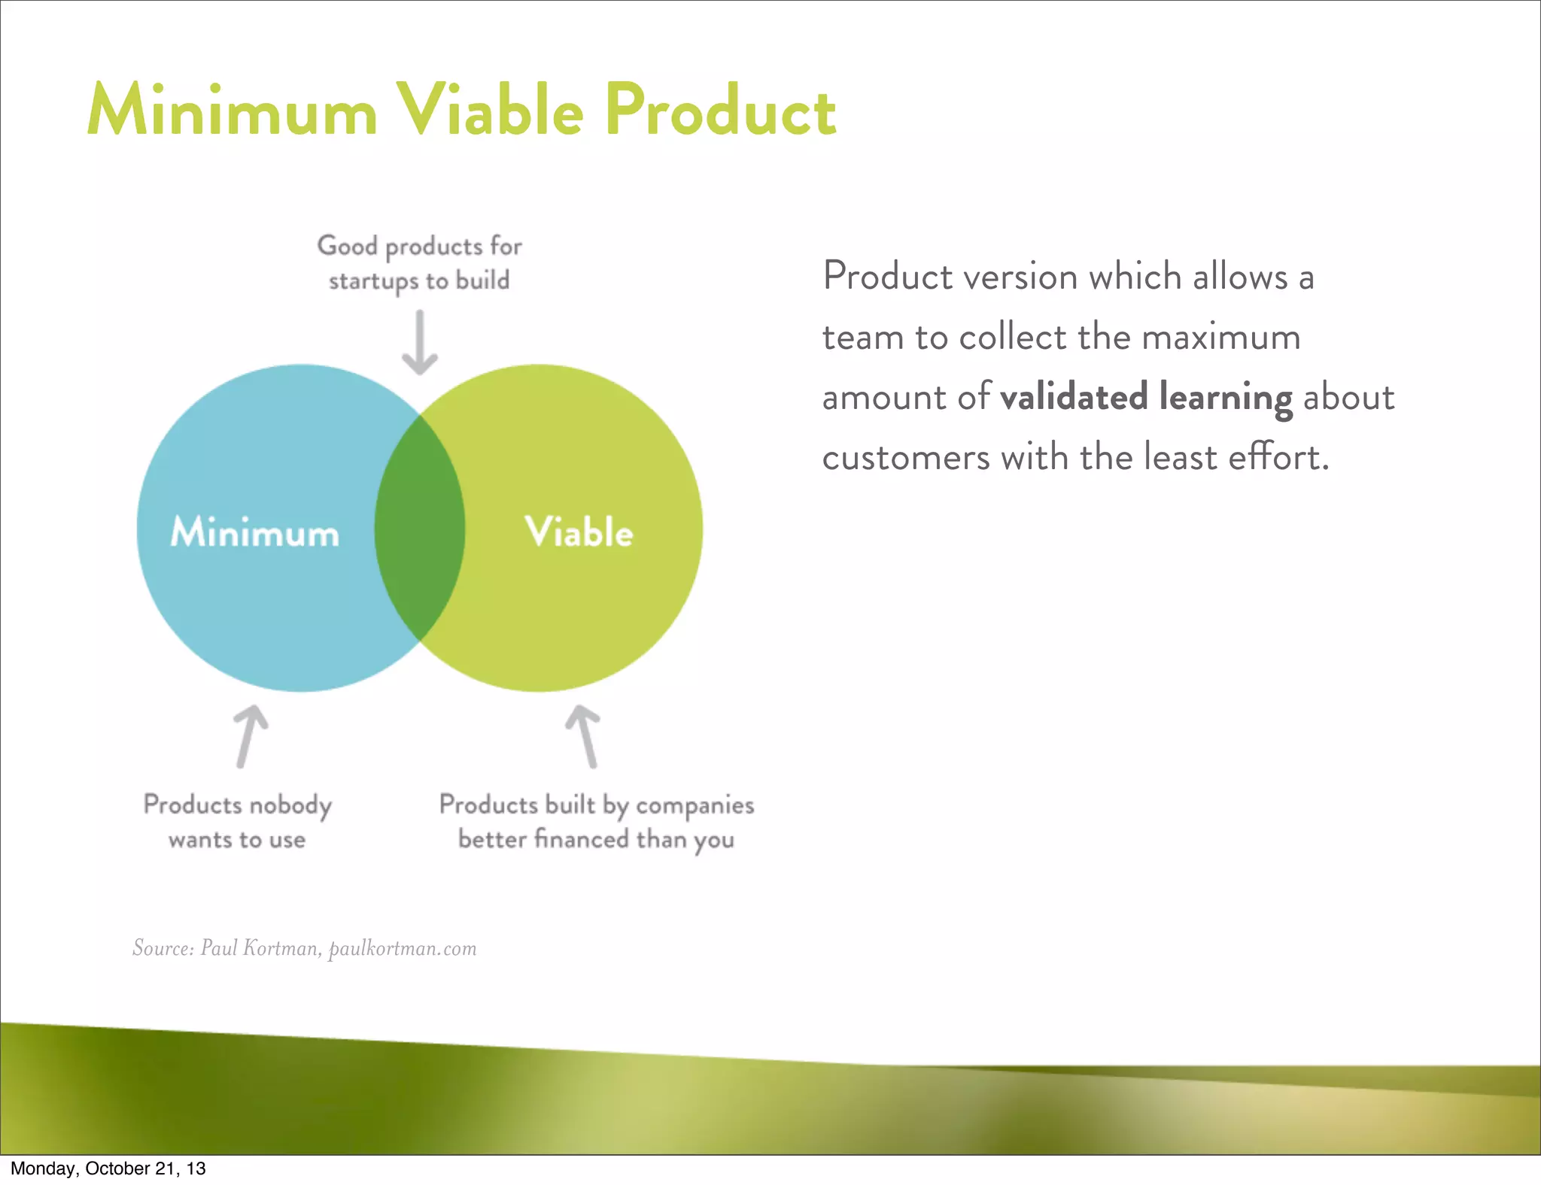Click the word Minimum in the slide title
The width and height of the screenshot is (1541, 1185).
pos(232,111)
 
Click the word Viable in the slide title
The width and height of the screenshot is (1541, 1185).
pos(490,111)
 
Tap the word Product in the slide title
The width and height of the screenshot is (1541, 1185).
pos(720,111)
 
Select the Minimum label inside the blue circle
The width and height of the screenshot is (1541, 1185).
pos(255,532)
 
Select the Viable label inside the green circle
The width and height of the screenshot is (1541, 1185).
pos(579,532)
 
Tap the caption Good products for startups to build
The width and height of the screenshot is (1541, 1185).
pos(419,263)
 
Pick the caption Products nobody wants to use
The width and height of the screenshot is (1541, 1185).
pos(237,822)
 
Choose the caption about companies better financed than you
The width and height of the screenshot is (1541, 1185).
pos(596,822)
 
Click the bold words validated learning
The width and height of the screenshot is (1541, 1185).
pos(1146,397)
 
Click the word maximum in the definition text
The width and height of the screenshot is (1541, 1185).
pos(1220,337)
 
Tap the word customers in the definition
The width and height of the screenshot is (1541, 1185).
pos(905,457)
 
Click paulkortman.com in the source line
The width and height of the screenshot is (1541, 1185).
pos(403,948)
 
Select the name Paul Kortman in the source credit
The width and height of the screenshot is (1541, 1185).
pos(260,948)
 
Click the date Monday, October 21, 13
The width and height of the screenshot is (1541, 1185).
pos(108,1168)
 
